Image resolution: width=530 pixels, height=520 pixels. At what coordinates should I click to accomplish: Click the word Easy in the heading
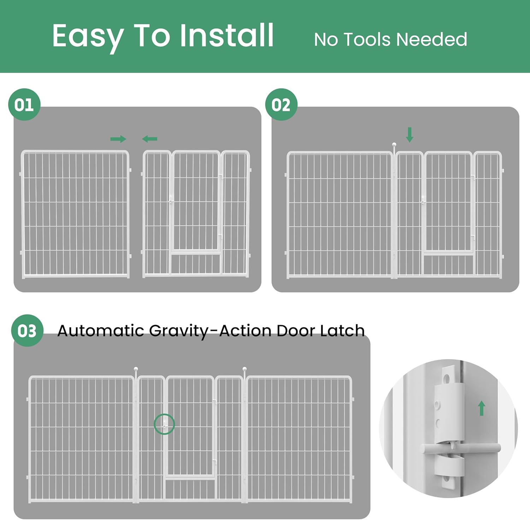[88, 37]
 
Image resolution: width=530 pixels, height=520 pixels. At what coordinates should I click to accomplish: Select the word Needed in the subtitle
[432, 39]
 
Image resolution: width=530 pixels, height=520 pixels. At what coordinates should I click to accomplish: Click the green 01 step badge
[24, 105]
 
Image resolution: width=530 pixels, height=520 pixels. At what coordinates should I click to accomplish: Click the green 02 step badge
[281, 105]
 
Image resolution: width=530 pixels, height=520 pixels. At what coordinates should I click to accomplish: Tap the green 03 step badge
[27, 331]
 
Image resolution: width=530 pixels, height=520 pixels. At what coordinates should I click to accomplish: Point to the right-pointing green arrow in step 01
[118, 139]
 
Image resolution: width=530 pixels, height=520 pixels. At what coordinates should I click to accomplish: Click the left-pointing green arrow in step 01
[149, 139]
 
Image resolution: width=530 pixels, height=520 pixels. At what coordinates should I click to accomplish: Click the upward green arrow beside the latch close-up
[481, 408]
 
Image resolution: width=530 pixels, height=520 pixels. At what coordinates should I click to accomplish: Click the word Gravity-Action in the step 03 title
[211, 331]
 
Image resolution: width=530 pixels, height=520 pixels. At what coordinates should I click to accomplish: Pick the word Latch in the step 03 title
[342, 330]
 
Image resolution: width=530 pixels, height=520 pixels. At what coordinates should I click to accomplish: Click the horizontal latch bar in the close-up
[460, 449]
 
